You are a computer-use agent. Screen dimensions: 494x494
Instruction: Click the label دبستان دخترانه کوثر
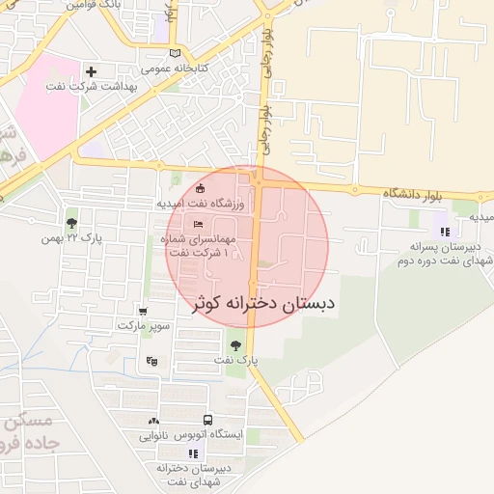tap(260, 303)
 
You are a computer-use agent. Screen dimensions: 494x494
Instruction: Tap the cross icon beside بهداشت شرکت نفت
tap(92, 71)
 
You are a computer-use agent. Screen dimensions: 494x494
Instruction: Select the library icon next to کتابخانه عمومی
tap(175, 53)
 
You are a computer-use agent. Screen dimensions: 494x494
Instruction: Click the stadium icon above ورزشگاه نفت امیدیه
tap(200, 189)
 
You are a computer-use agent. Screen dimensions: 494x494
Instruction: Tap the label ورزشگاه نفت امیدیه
tap(204, 205)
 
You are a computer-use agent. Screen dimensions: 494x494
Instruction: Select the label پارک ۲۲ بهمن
tap(80, 237)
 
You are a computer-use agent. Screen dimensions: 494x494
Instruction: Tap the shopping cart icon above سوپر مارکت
tap(144, 312)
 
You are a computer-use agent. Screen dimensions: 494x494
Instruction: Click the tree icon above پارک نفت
tap(235, 344)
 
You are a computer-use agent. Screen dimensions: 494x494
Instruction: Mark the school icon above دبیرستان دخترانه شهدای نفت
tap(193, 453)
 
